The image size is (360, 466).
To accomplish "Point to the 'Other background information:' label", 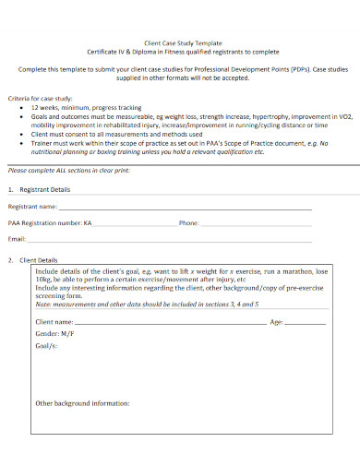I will coord(82,403).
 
